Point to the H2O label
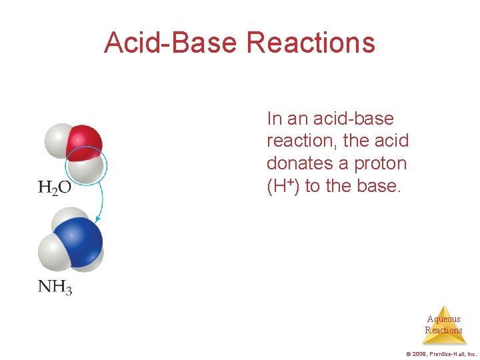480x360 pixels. tap(55, 187)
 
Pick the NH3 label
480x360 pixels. tap(55, 287)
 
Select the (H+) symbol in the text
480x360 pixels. tap(283, 186)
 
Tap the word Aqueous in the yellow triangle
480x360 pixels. tap(443, 319)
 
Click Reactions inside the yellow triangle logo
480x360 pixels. tap(443, 330)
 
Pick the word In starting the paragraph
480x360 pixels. tap(273, 119)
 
